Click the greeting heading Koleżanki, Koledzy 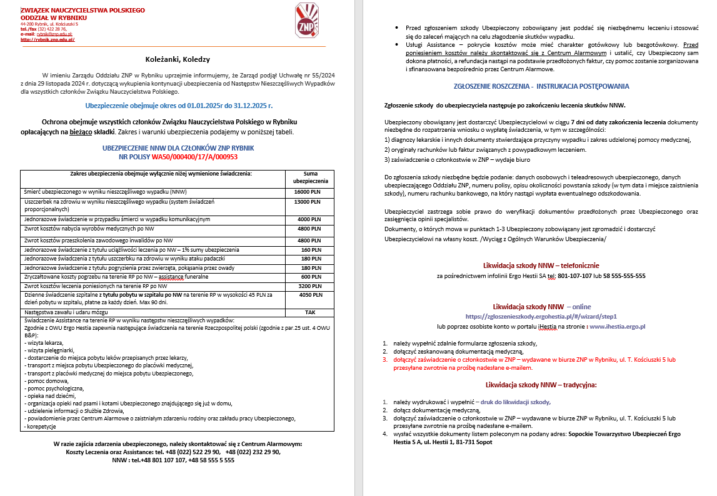click(x=177, y=59)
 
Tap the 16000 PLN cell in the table click(x=308, y=192)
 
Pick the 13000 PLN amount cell click(x=308, y=202)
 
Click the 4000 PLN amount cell click(x=308, y=219)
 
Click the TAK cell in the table click(x=310, y=311)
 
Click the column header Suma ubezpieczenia click(x=310, y=177)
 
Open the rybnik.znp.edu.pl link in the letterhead click(x=48, y=39)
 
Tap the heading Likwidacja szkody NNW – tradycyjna click(x=541, y=385)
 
